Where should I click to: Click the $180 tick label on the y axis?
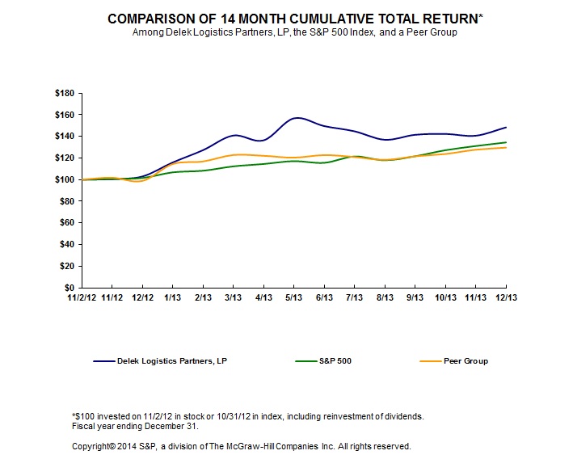(64, 94)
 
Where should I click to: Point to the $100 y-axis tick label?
(64, 179)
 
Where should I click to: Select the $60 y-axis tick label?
(66, 223)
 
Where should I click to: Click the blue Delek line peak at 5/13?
(296, 118)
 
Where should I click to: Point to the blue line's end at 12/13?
(507, 127)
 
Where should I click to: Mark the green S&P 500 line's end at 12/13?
(507, 142)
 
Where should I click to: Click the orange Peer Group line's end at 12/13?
(507, 147)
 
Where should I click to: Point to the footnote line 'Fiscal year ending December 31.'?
(133, 426)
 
